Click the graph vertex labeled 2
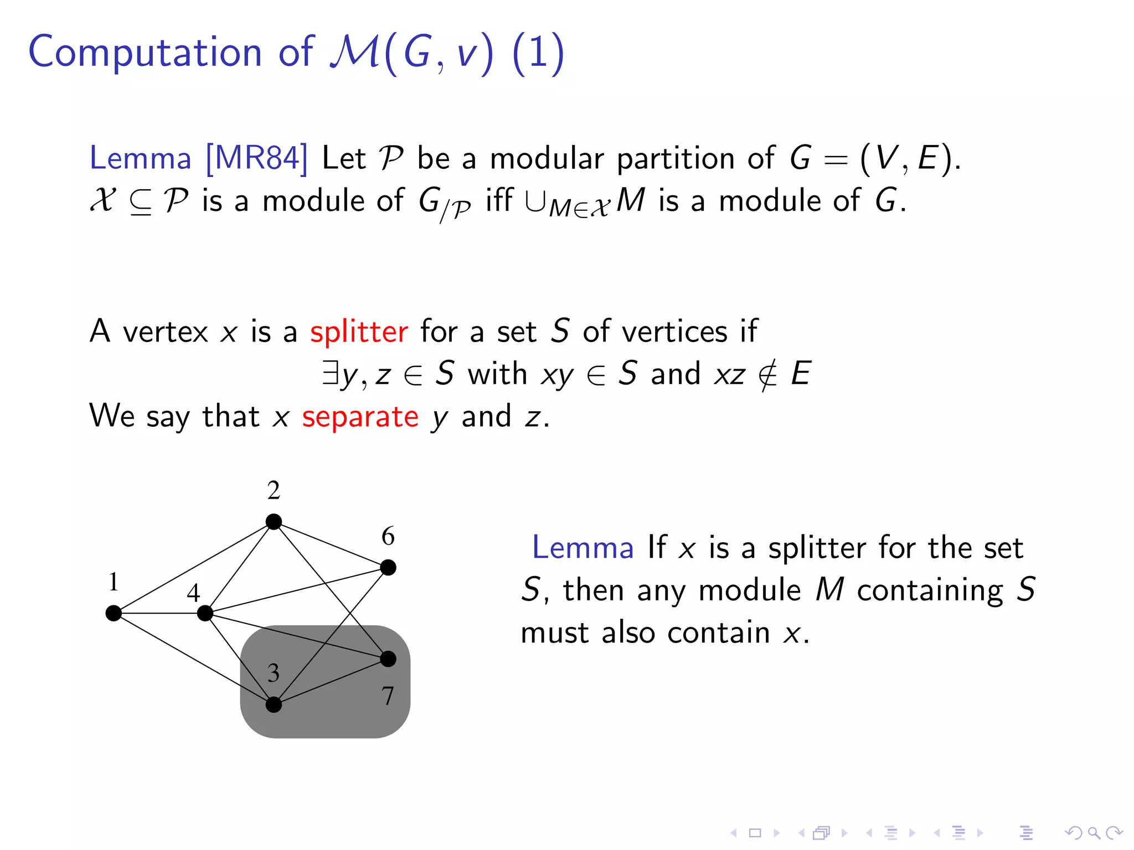point(274,522)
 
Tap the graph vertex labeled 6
point(388,567)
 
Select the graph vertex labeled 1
point(114,613)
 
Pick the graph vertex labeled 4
point(205,613)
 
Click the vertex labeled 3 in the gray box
point(274,704)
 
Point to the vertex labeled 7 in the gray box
point(388,659)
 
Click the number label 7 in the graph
point(388,696)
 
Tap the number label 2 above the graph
point(274,490)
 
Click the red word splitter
point(359,332)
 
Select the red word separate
point(360,417)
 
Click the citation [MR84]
point(256,158)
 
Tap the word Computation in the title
point(145,52)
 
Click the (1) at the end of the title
point(538,53)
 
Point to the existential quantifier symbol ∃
point(330,373)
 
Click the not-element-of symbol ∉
point(767,374)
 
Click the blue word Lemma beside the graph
point(583,548)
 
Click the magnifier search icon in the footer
point(1094,833)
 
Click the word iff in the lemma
point(499,200)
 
